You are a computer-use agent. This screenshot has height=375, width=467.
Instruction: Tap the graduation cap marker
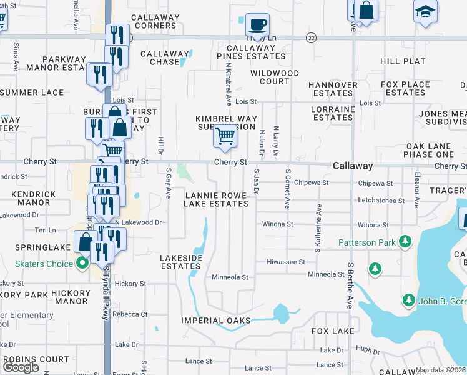coord(426,11)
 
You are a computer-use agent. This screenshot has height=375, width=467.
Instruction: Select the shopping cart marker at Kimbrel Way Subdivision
coord(225,136)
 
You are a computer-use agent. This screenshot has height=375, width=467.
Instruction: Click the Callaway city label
coord(353,166)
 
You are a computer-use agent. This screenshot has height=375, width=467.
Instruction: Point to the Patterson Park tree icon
coord(405,241)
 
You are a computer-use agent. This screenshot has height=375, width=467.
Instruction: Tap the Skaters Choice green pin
coord(82,263)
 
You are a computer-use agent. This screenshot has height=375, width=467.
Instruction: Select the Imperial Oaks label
coord(216,321)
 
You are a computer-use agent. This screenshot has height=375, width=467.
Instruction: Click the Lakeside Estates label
coord(181,262)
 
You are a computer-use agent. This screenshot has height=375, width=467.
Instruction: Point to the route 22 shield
coord(311,38)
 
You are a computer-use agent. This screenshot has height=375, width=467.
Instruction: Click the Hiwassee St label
coord(285,262)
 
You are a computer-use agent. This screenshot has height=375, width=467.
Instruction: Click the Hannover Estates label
coord(333,89)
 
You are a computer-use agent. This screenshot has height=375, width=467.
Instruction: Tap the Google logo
coord(21,367)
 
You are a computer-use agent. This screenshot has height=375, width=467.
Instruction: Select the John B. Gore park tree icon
coord(408,300)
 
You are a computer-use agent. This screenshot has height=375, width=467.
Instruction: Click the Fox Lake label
coord(329,331)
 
